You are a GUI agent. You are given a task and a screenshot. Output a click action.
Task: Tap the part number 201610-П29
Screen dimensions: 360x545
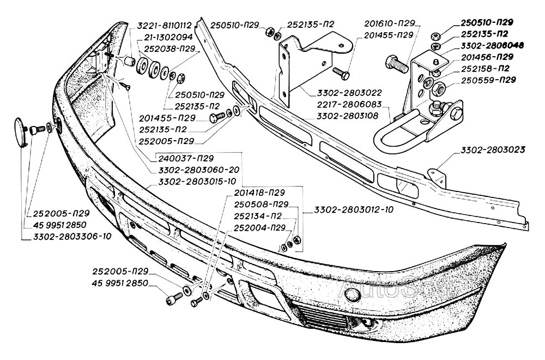click(x=390, y=23)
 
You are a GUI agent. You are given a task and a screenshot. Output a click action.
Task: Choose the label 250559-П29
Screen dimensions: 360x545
click(x=488, y=80)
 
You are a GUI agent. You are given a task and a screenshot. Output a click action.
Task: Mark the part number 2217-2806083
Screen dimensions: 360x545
click(x=364, y=104)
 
